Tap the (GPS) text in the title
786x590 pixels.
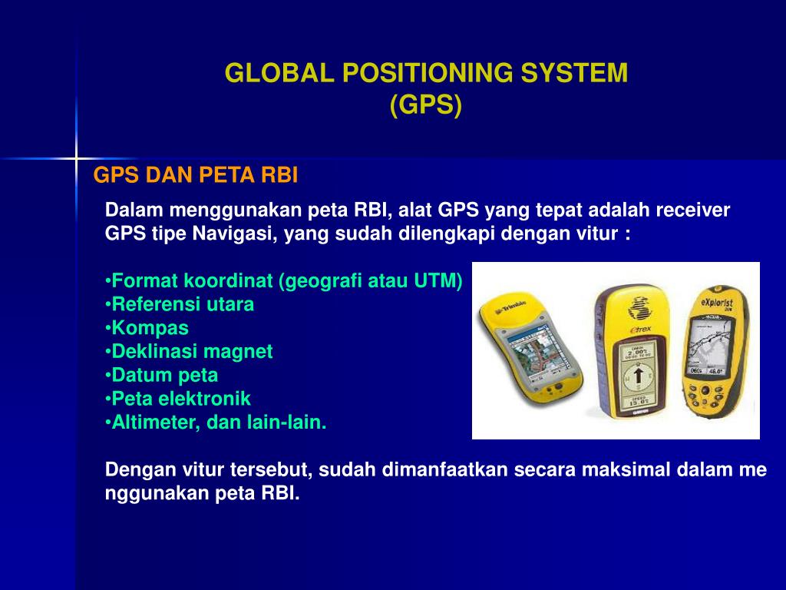(x=426, y=106)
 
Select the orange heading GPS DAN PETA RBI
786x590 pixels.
(x=196, y=176)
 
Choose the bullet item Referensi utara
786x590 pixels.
(x=182, y=304)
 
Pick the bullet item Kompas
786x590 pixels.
(x=149, y=328)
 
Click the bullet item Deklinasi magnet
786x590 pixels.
(x=191, y=352)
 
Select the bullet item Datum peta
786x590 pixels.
(x=164, y=376)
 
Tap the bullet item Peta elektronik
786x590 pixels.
(x=180, y=399)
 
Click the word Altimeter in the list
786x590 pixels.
(x=152, y=423)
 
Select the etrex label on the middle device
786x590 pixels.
(x=639, y=328)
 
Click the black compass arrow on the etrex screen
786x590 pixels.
(x=638, y=376)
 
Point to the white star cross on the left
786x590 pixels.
(x=76, y=159)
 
